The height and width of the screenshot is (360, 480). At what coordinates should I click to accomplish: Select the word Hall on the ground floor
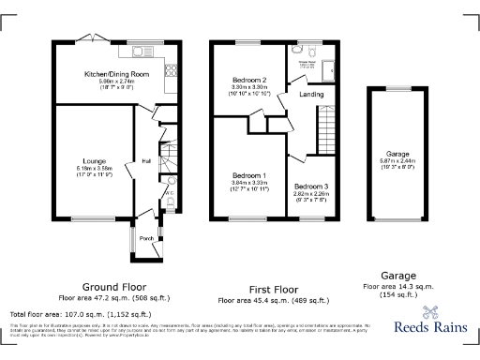147,161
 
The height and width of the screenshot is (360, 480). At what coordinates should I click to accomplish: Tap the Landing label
311,95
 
